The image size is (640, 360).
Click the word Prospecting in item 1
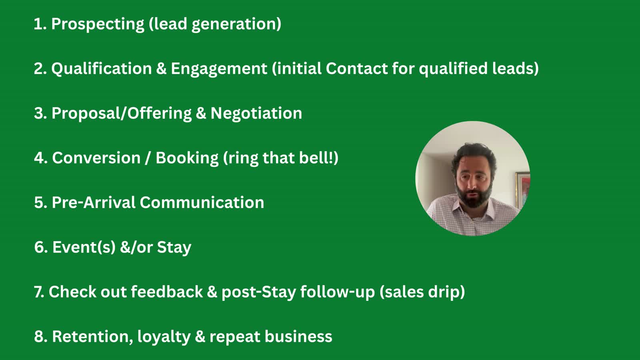98,24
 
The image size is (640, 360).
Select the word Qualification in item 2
102,69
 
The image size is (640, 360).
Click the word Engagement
219,69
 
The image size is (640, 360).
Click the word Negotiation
256,114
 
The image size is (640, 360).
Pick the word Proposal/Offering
122,114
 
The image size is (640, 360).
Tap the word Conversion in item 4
96,158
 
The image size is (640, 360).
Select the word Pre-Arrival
94,202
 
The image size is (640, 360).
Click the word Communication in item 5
202,202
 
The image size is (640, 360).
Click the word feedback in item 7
167,292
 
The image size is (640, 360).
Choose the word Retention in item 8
92,336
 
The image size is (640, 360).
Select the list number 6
40,247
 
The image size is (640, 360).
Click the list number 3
40,113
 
